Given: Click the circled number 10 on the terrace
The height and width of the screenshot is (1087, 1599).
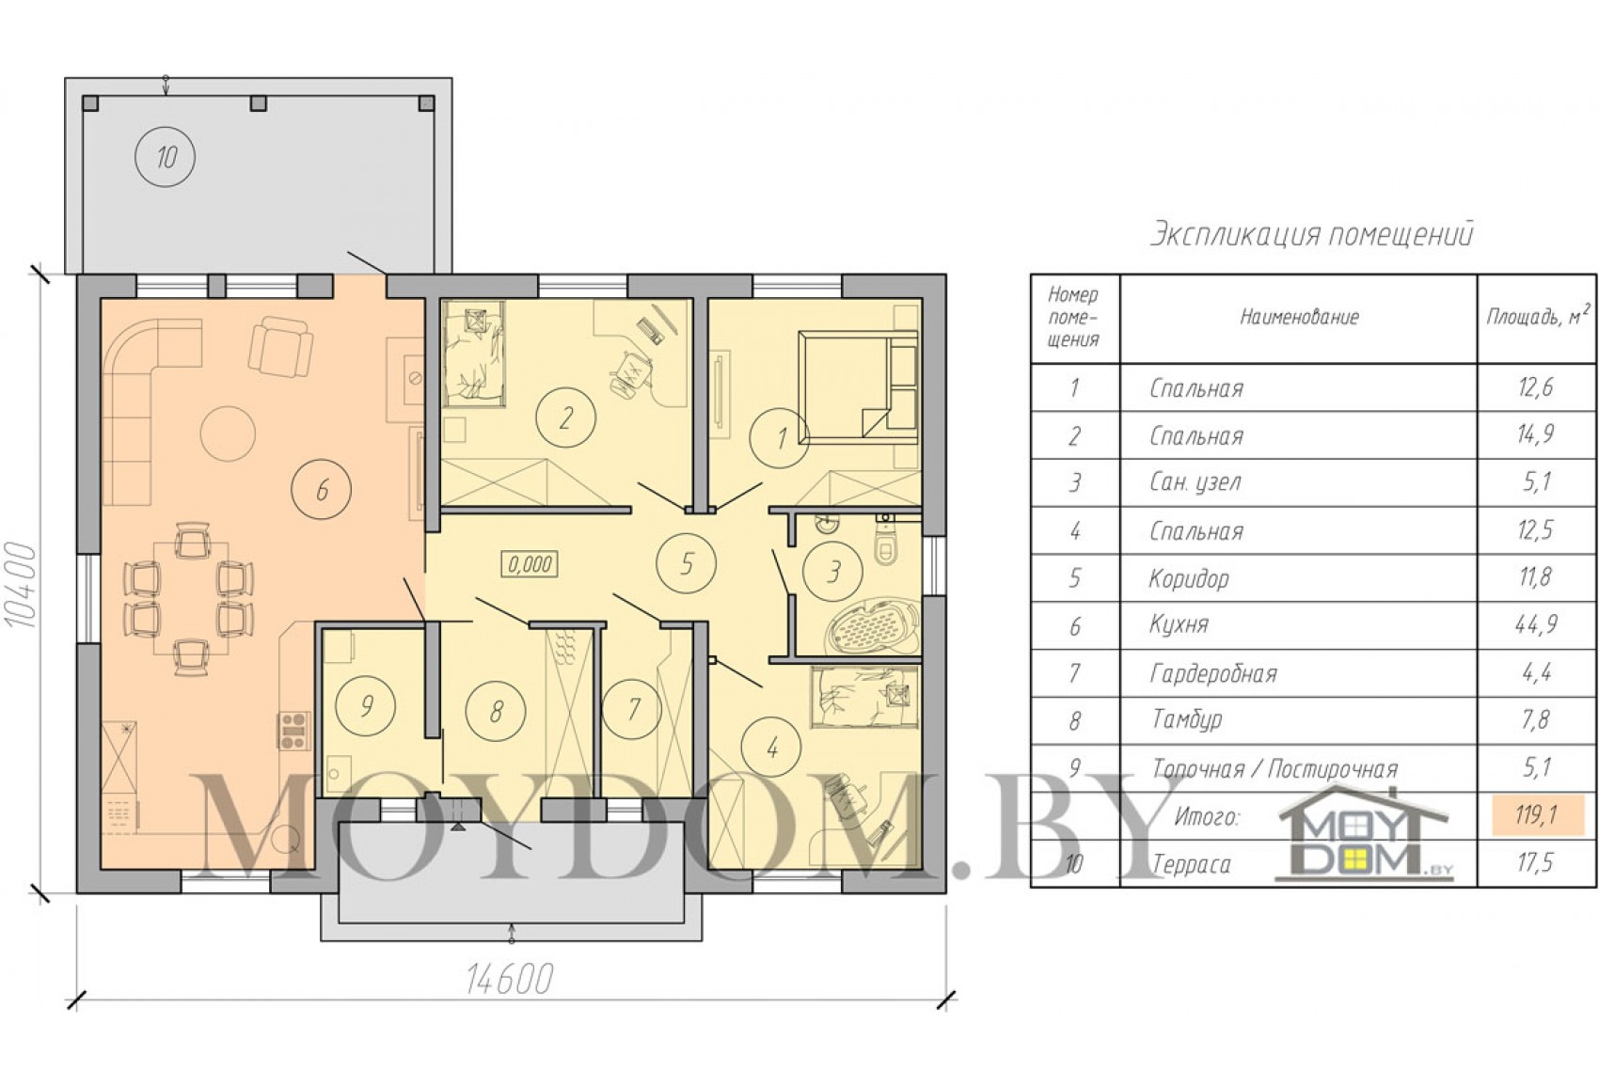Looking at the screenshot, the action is (166, 156).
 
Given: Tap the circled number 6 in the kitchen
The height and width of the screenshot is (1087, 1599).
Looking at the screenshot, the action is (322, 490).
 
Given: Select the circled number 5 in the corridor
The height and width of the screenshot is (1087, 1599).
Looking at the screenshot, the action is (686, 563).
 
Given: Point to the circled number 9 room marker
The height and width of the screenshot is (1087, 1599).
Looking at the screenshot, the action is (366, 705).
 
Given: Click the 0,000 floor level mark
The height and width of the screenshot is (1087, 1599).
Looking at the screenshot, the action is (529, 564).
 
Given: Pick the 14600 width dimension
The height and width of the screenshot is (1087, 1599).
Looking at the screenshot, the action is (510, 979).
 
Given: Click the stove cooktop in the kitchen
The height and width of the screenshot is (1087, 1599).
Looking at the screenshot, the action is (293, 730).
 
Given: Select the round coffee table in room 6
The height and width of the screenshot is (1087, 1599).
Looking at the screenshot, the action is (228, 433).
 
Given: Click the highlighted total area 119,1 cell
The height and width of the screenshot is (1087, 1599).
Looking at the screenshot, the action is (1537, 813).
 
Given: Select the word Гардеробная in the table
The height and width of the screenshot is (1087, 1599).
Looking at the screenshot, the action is (1212, 673).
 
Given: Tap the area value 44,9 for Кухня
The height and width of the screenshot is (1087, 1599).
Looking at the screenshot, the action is (1536, 624).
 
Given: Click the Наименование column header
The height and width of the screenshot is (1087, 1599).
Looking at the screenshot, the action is (1298, 316).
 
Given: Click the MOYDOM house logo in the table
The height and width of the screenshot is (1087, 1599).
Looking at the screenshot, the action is (1365, 831).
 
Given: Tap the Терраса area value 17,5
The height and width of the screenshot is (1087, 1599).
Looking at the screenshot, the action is (1536, 862).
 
